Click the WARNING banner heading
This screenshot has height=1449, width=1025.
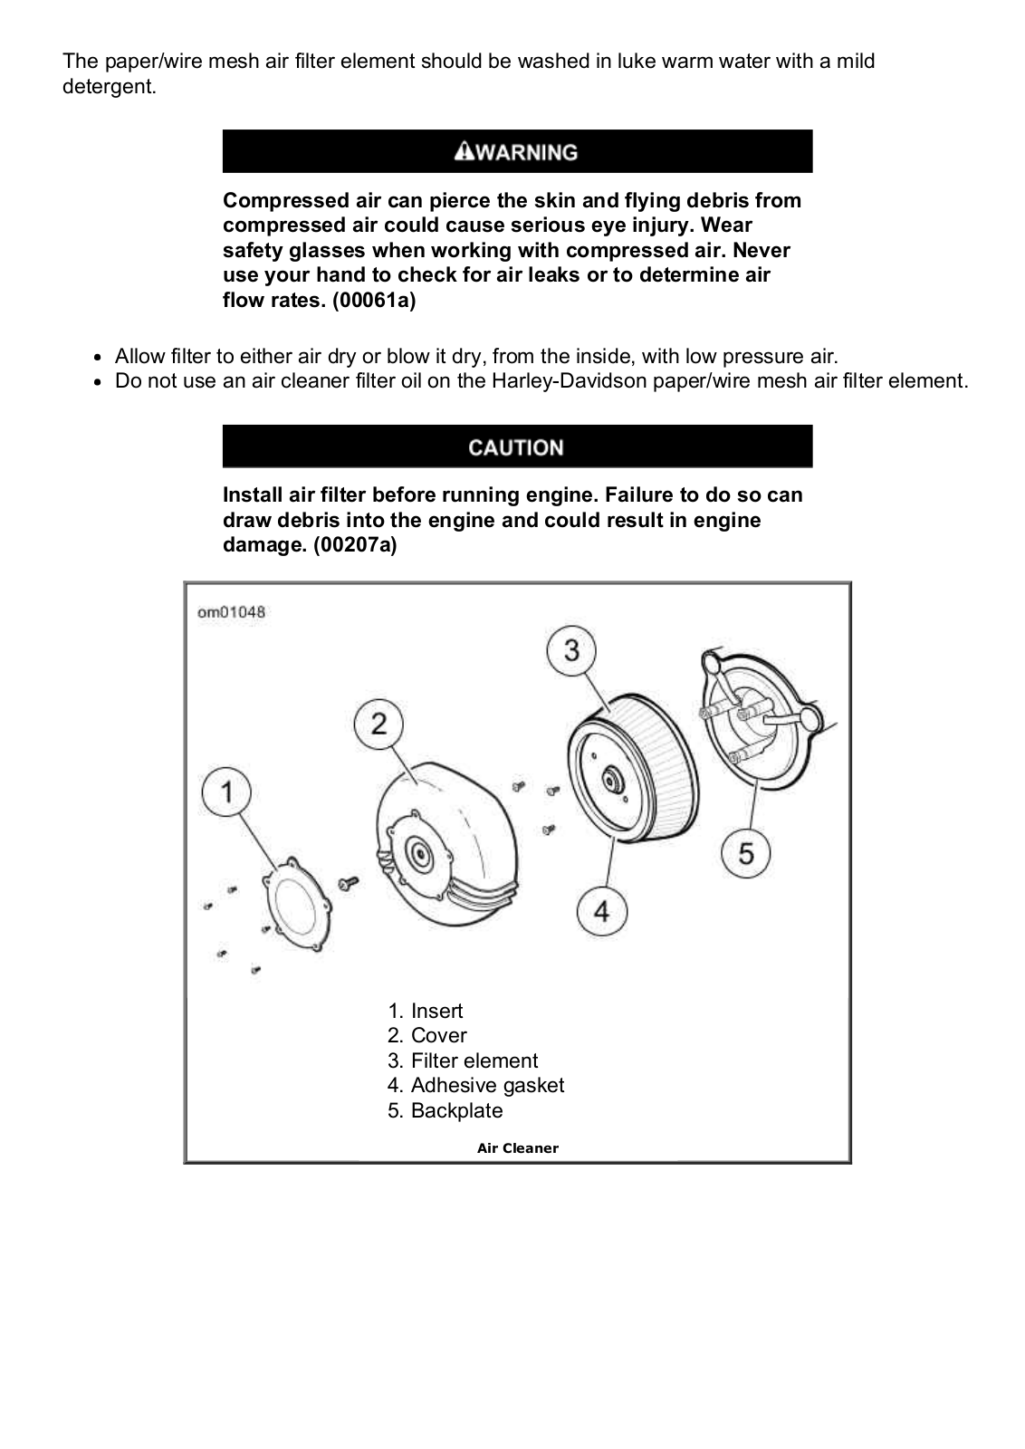[x=517, y=151]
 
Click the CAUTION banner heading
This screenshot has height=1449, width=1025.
[x=516, y=447]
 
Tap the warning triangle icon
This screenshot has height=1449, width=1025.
[x=464, y=150]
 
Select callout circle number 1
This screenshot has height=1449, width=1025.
[x=227, y=792]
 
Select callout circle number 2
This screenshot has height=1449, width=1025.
[x=378, y=723]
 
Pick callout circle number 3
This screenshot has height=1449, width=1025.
[x=571, y=650]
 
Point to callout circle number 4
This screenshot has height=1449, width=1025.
[x=602, y=910]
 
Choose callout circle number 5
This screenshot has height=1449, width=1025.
[x=746, y=852]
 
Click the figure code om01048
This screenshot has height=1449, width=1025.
[x=232, y=612]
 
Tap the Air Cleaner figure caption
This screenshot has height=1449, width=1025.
[x=518, y=1148]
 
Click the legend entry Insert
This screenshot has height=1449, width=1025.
[x=436, y=1011]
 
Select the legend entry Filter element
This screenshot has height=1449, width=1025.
[x=474, y=1060]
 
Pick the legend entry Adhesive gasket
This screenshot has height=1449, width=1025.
[x=487, y=1085]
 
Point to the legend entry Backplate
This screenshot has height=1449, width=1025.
[x=456, y=1110]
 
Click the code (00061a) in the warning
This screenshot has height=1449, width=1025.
[x=373, y=300]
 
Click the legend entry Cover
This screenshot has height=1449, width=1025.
[x=438, y=1035]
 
